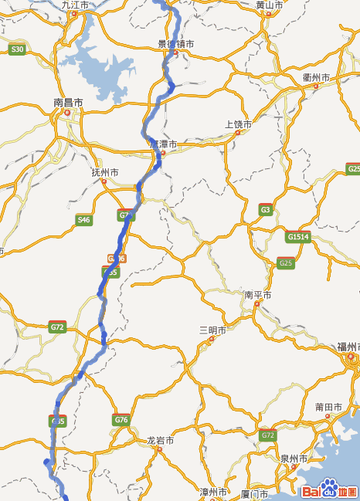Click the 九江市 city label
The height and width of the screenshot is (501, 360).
(74, 5)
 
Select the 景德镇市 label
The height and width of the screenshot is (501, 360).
(175, 44)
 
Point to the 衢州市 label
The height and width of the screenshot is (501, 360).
(316, 78)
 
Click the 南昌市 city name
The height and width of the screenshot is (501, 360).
(68, 102)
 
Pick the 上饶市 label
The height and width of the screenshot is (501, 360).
(238, 124)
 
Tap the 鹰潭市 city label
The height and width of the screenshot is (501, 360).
(163, 144)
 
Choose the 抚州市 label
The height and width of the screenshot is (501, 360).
(104, 172)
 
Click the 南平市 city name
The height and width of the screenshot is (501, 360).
(257, 295)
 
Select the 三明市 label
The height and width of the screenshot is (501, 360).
(212, 330)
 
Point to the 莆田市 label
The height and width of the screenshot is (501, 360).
(328, 407)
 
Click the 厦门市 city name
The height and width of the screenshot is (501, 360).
(254, 493)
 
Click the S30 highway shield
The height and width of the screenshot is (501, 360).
(17, 49)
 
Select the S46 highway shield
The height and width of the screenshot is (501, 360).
(83, 220)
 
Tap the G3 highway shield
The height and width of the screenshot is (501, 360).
(266, 209)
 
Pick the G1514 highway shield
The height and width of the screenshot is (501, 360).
(297, 236)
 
